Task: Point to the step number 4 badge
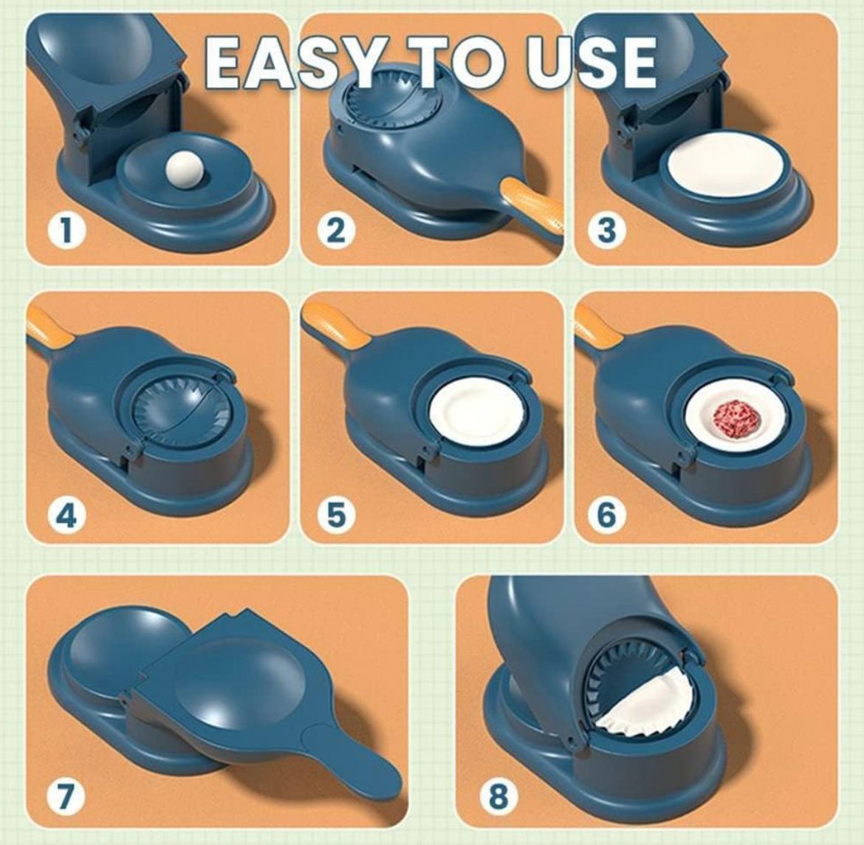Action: (66, 516)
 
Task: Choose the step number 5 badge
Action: (335, 516)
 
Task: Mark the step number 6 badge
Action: (606, 516)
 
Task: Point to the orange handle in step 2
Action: (532, 205)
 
